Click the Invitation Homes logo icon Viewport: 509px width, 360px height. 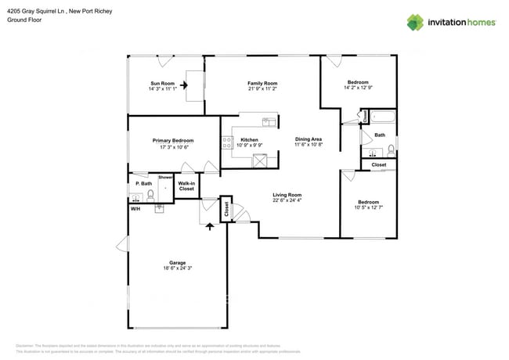[x=415, y=22]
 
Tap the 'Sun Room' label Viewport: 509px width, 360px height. [x=162, y=83]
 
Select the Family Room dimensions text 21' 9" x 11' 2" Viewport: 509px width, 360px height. [x=262, y=89]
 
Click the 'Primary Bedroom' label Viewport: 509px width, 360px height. [x=172, y=140]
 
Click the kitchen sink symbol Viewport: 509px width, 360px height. [x=268, y=121]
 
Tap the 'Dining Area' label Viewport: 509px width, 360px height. [x=309, y=139]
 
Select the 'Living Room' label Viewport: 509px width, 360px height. [x=287, y=195]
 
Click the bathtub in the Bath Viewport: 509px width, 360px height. [x=383, y=118]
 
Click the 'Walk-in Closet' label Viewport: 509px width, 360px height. [x=186, y=186]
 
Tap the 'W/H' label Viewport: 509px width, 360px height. [x=135, y=209]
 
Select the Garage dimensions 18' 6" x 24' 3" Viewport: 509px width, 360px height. [x=177, y=268]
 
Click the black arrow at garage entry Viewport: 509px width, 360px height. [x=209, y=226]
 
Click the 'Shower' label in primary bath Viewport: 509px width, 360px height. [x=166, y=178]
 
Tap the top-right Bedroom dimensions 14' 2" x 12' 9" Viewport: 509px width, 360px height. [x=358, y=88]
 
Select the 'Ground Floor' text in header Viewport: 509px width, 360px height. [x=24, y=20]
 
